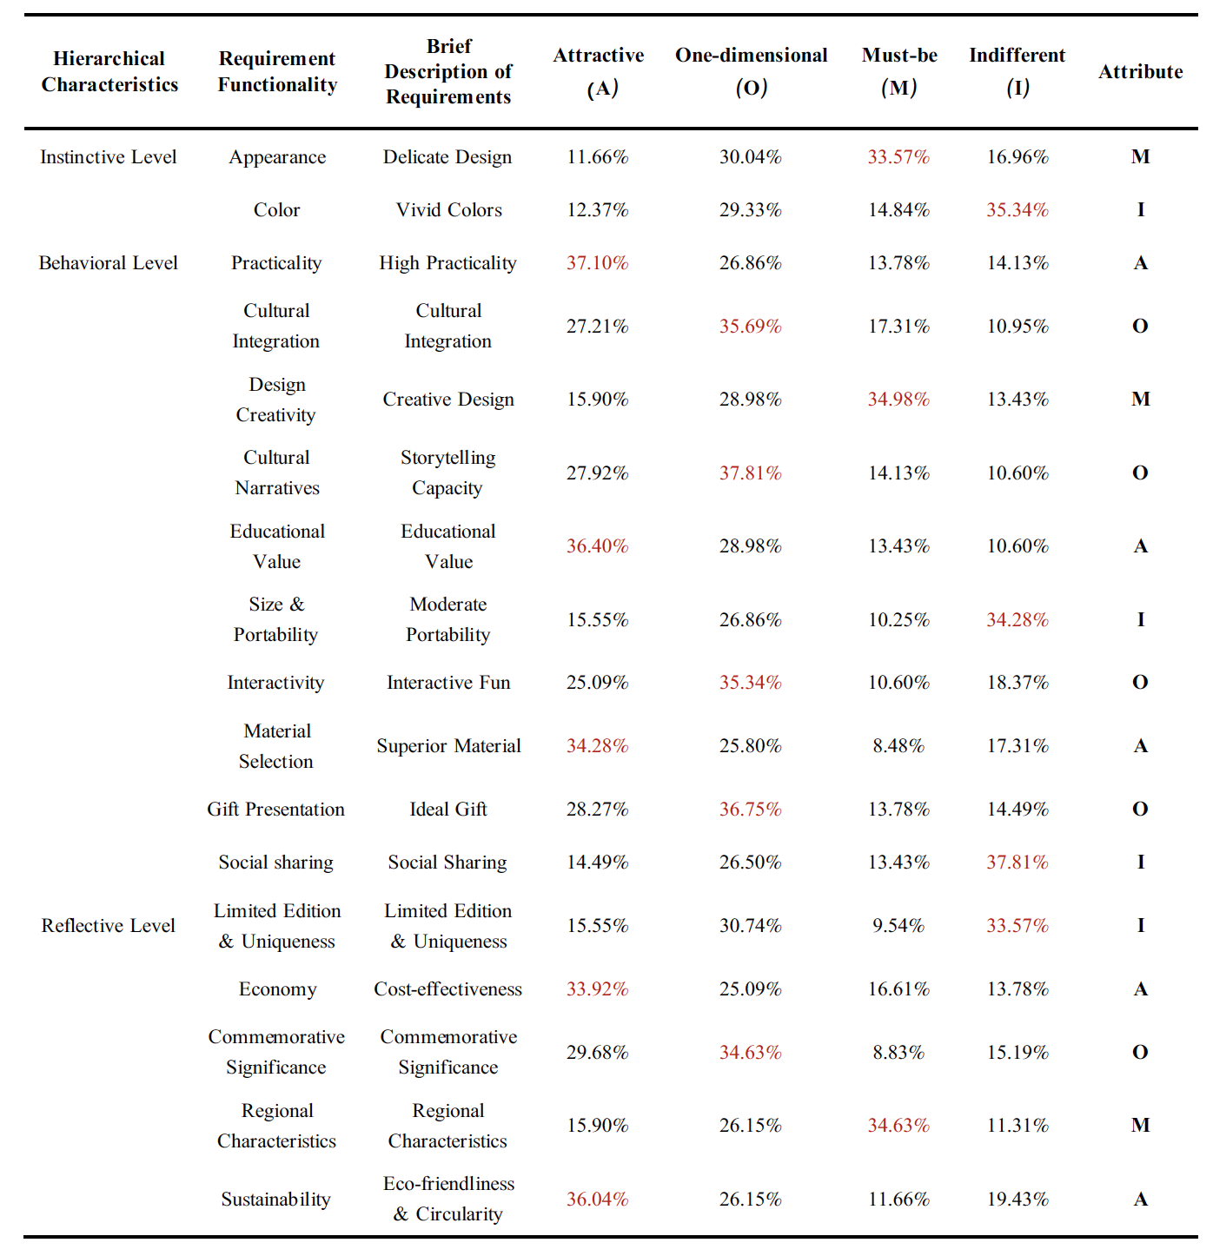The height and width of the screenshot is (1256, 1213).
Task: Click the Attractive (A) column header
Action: (598, 71)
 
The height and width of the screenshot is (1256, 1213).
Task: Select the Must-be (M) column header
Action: (898, 71)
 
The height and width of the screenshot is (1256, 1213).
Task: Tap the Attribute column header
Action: (1140, 71)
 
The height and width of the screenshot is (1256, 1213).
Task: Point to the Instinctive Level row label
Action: (108, 157)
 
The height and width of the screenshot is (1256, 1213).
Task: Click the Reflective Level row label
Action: (108, 926)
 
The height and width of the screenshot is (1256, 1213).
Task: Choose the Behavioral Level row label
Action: (108, 262)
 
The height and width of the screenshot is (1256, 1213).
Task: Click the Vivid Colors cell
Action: (448, 209)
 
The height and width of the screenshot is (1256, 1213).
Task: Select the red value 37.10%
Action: (597, 262)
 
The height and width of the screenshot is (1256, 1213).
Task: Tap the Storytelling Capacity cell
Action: (448, 473)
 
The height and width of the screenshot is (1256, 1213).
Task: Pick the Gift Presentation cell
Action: (275, 809)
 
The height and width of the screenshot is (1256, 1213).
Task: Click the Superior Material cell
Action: (448, 745)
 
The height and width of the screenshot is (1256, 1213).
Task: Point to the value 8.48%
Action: (898, 745)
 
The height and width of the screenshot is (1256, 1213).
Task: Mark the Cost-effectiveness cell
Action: (448, 988)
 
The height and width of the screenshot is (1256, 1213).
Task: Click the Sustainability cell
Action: (275, 1199)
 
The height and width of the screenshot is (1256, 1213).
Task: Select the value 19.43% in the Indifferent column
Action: (1017, 1199)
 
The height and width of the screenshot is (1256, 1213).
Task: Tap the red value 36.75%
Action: (750, 809)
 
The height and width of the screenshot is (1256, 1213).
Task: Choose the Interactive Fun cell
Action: (448, 682)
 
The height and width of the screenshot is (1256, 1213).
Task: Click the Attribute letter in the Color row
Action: (1140, 209)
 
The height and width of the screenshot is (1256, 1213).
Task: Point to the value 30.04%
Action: (750, 157)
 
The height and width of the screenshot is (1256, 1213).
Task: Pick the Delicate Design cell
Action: (447, 157)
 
